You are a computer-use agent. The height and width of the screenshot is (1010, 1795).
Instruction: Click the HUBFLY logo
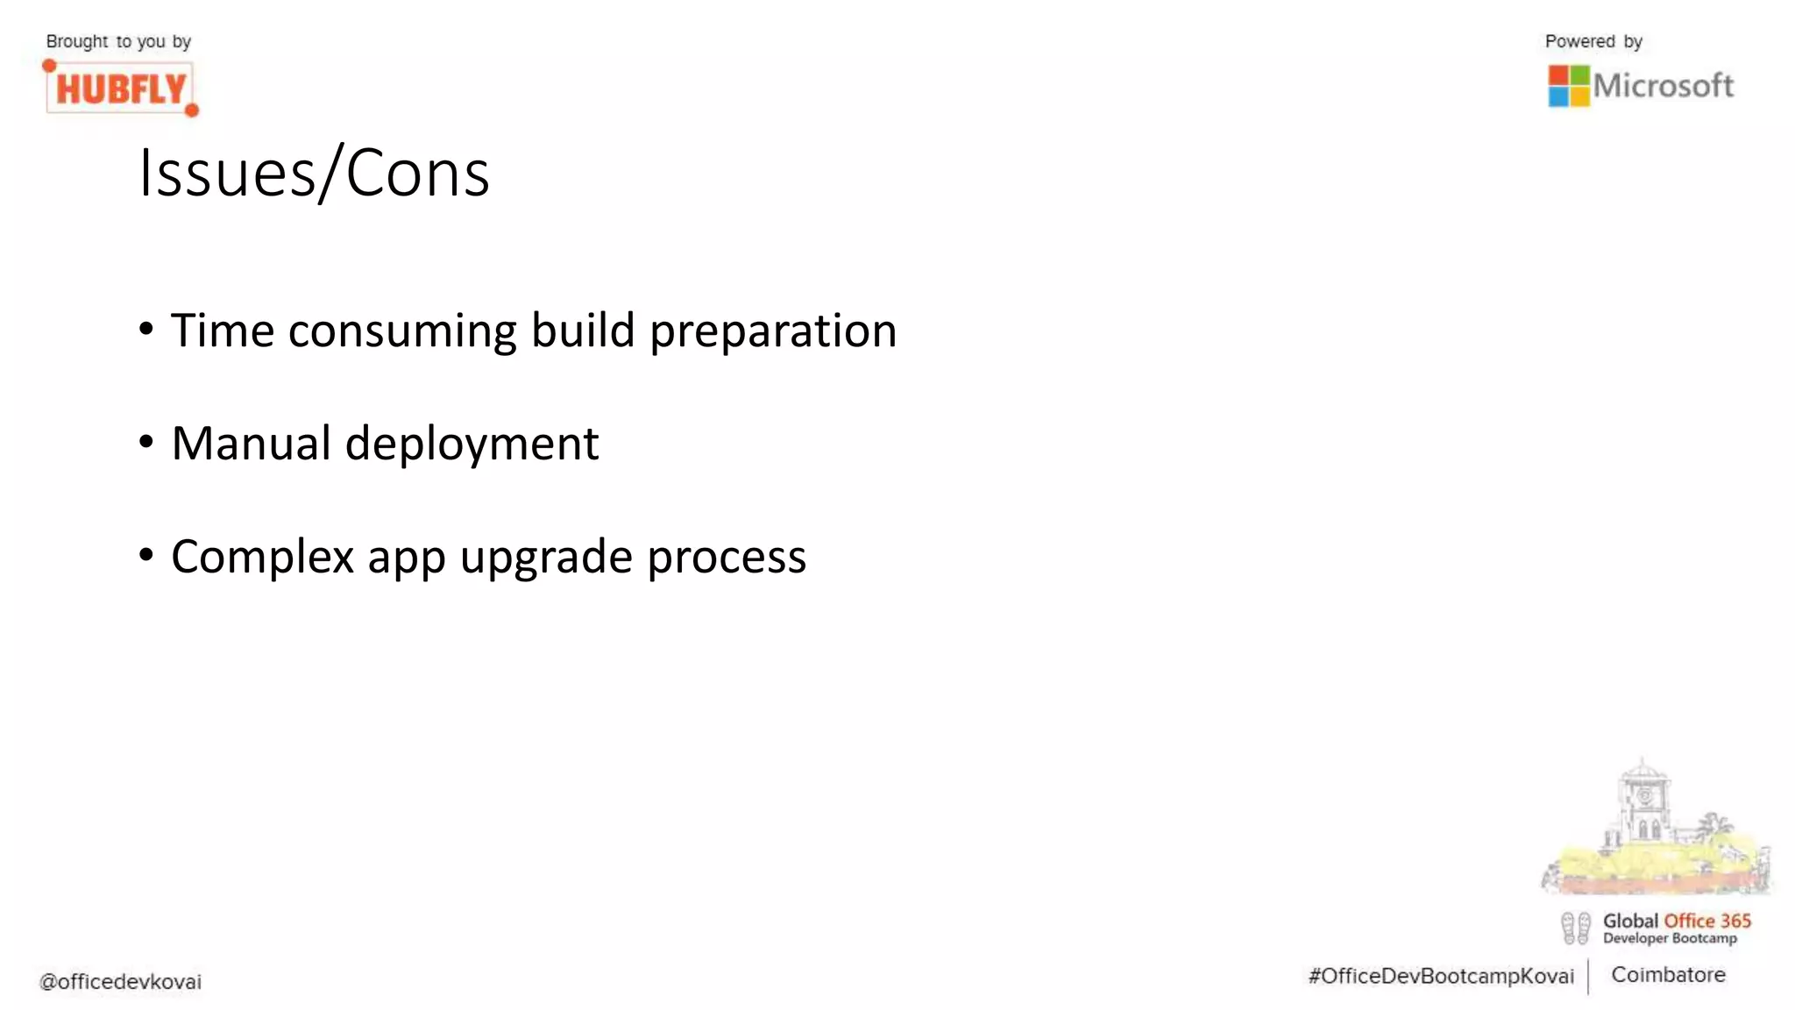[121, 89]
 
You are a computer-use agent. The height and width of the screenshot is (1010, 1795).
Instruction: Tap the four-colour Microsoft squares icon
[1568, 86]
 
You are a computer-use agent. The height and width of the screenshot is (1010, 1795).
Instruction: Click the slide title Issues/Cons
[314, 174]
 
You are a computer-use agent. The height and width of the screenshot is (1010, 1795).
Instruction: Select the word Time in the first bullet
[223, 331]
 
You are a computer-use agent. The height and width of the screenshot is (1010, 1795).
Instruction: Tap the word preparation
[773, 332]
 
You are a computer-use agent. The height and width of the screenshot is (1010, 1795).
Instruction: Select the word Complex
[262, 558]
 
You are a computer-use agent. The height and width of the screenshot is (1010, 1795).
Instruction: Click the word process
[727, 558]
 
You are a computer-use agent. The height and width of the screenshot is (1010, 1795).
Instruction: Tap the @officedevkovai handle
[120, 982]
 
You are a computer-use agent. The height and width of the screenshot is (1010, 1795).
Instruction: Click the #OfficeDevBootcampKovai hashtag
[1441, 977]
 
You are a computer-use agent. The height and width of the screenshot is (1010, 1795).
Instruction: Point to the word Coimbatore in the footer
[1668, 975]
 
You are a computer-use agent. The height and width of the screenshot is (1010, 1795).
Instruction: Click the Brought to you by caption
[118, 41]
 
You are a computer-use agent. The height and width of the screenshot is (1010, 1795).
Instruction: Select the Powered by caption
[1593, 41]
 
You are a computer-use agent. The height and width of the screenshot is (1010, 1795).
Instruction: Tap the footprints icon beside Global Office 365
[1575, 928]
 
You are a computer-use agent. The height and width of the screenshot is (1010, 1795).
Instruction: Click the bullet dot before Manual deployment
[146, 442]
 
